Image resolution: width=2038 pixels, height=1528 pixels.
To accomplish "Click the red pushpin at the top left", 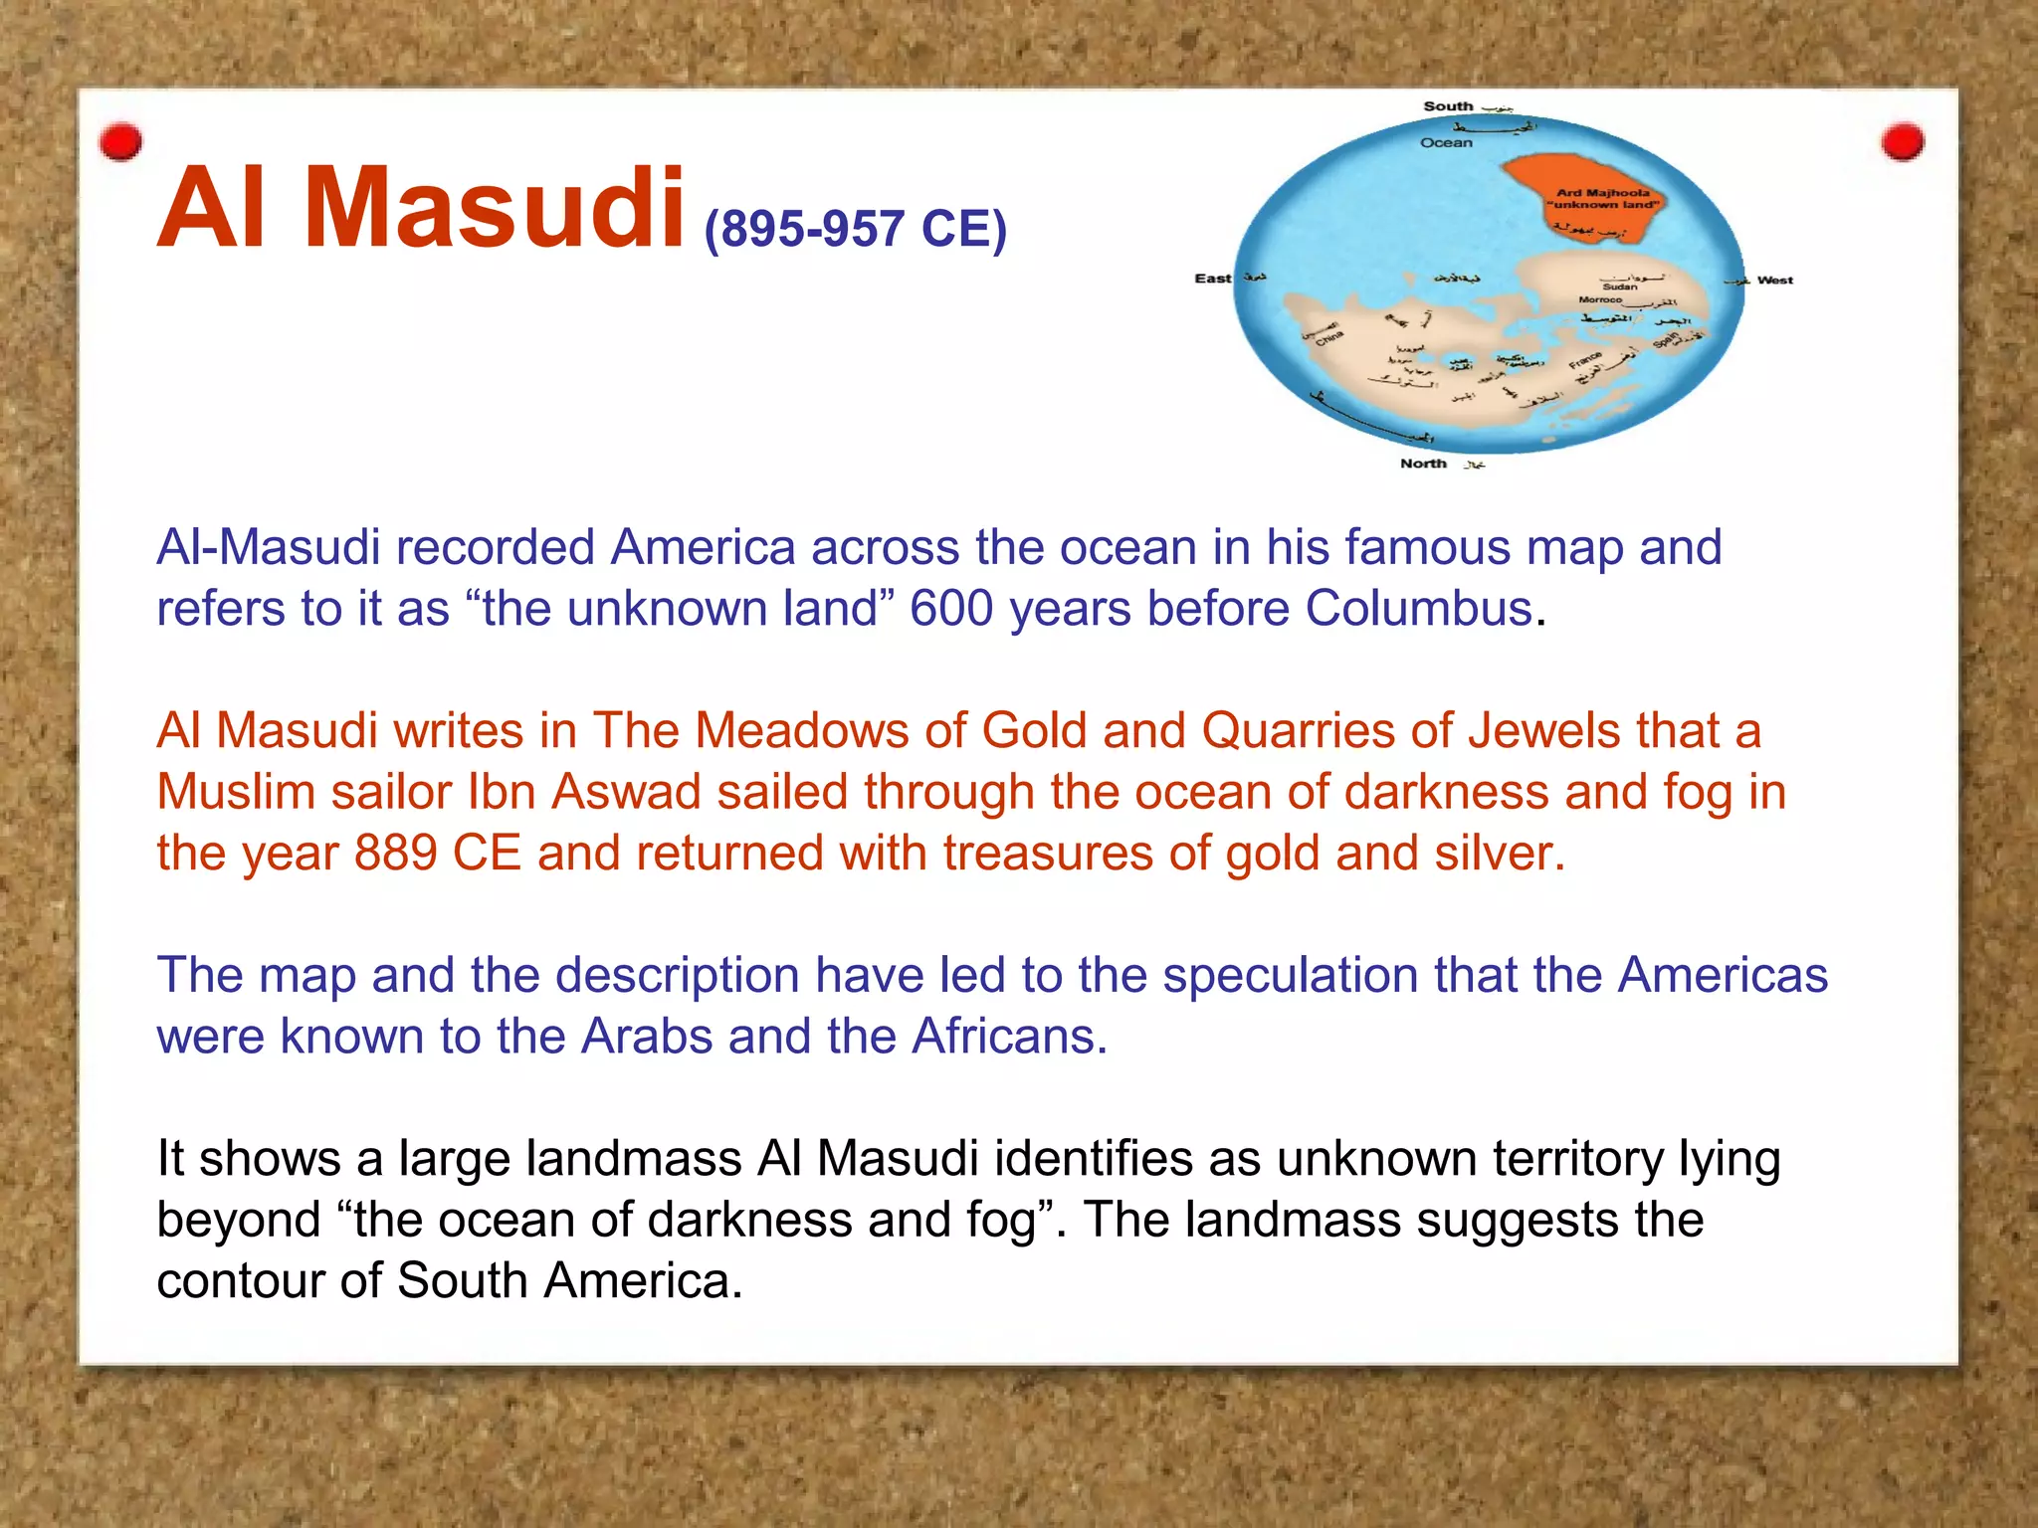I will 121,142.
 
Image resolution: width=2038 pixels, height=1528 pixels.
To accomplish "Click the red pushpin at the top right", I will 1902,141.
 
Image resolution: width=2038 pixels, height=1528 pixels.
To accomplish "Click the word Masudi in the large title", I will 495,209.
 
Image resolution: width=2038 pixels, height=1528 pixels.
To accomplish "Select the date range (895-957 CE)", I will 856,229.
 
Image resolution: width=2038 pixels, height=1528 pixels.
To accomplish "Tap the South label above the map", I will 1447,106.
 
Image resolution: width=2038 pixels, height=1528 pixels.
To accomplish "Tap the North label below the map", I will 1423,464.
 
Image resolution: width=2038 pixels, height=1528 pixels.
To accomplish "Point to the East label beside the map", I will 1212,279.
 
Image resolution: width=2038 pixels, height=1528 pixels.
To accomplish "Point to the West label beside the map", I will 1774,281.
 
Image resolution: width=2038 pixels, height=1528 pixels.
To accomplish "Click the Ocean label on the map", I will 1446,143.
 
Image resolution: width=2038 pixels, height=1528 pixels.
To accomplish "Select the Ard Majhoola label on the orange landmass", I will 1602,193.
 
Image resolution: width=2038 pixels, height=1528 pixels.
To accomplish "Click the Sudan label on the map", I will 1619,286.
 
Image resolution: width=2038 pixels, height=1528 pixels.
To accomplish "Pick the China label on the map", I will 1329,339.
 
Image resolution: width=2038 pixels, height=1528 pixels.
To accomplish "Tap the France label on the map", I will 1585,359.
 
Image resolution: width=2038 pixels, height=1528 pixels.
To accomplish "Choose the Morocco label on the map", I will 1600,299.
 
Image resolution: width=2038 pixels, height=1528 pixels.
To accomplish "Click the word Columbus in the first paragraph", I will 1418,609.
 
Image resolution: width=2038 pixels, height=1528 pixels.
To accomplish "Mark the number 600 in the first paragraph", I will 951,609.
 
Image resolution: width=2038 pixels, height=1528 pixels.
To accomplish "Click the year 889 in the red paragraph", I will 396,854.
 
